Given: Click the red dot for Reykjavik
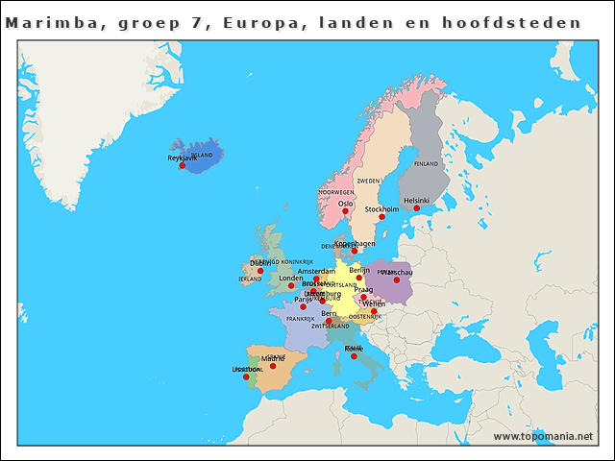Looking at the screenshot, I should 182,165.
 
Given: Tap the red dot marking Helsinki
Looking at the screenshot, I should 417,208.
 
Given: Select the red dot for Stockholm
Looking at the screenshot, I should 381,217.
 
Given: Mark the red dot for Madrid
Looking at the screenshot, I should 273,366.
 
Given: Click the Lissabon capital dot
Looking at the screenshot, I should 246,376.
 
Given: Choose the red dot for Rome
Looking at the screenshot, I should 354,356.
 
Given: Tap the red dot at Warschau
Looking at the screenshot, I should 396,279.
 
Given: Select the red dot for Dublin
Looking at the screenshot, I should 259,271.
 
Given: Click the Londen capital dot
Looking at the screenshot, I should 291,286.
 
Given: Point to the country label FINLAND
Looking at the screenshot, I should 426,164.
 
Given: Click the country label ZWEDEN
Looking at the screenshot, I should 368,181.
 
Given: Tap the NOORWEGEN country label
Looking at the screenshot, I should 336,192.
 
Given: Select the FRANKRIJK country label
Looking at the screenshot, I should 300,319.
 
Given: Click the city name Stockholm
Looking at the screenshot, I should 382,208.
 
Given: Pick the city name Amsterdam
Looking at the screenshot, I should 316,272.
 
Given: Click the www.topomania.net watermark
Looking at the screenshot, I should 543,436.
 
